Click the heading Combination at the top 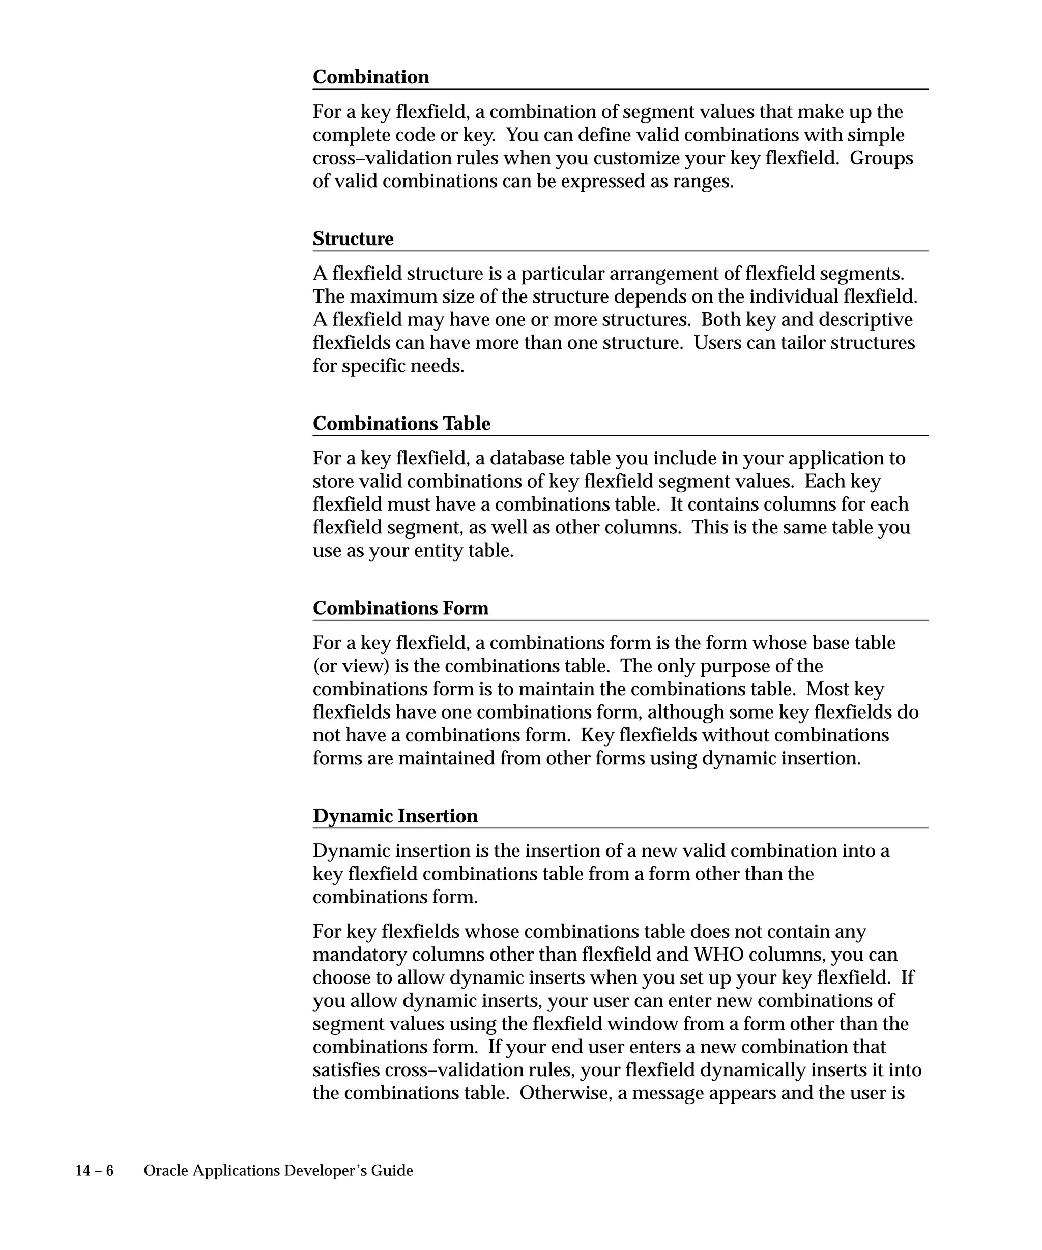(370, 77)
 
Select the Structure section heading (353, 239)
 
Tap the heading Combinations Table (401, 423)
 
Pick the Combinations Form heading (400, 608)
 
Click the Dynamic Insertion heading (395, 816)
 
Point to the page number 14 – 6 (94, 1171)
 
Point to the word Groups (881, 158)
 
